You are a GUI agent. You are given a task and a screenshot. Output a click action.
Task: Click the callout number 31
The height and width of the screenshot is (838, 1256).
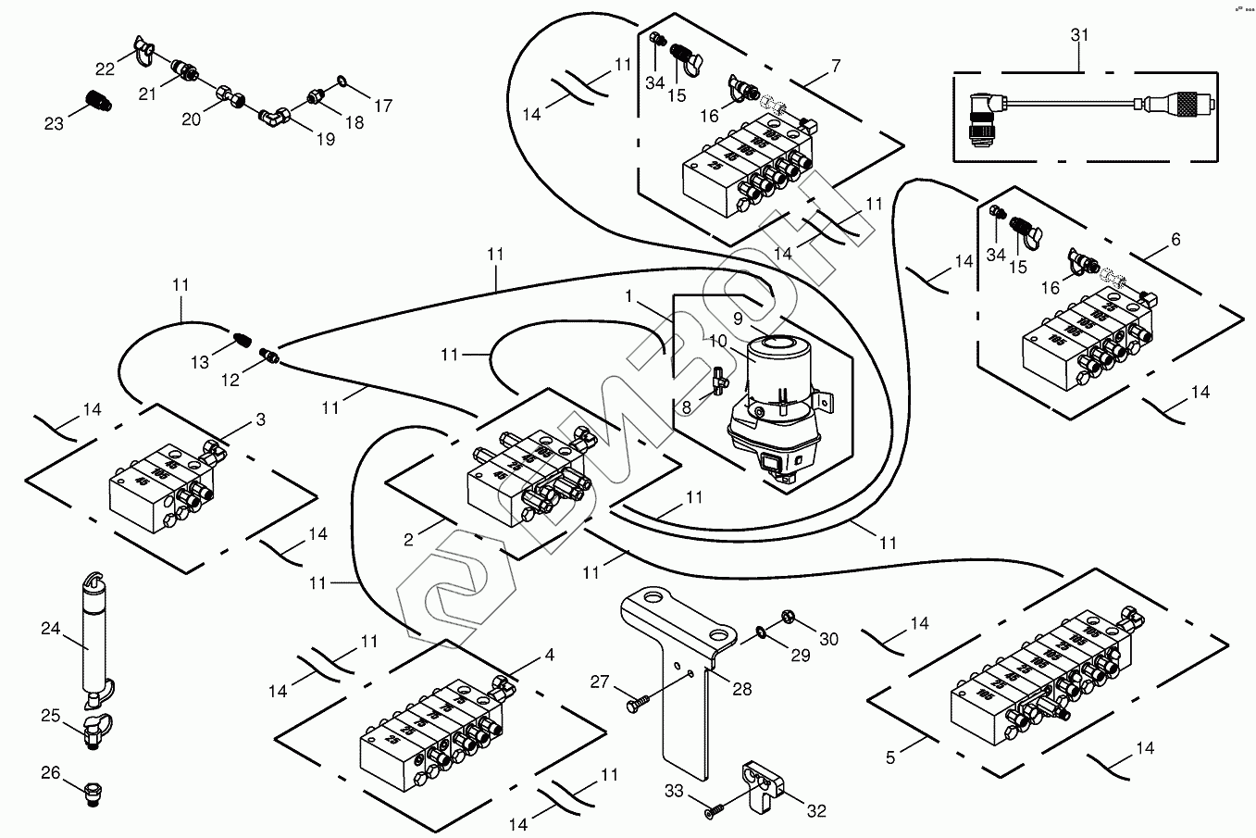pos(1079,35)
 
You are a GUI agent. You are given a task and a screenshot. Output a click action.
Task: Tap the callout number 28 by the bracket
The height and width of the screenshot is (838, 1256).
pos(741,689)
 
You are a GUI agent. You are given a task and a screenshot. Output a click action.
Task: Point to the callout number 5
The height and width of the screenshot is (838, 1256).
pos(890,757)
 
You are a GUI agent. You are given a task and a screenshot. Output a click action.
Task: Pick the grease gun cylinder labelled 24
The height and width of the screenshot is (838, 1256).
pos(94,639)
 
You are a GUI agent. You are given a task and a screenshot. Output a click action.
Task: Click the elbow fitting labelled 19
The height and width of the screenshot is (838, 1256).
pos(274,116)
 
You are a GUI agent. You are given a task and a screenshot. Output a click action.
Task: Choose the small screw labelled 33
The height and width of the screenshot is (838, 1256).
pos(713,811)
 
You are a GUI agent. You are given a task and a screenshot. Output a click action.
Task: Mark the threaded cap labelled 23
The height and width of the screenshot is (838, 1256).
pos(97,99)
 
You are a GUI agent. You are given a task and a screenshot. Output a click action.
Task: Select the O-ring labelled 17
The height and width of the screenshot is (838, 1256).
pos(341,82)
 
